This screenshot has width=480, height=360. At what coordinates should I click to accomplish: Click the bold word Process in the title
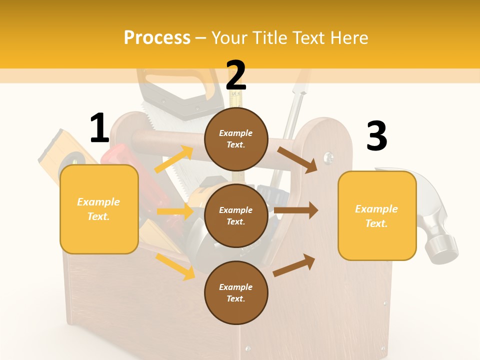coord(157,37)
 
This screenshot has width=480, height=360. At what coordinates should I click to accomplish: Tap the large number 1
coord(99,128)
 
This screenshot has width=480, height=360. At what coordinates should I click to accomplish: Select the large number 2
coord(236,75)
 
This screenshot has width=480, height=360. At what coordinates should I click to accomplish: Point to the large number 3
coord(376,136)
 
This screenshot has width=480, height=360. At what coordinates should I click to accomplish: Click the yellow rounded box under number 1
coord(99,209)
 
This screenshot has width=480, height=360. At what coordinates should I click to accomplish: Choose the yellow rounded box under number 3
coord(377,215)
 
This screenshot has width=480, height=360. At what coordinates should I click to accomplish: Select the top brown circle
coord(236,139)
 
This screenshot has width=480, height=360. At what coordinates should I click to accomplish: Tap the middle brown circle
coord(236,215)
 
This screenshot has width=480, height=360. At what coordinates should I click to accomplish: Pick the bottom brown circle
coord(236,292)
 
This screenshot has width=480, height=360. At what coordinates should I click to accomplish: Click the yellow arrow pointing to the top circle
coord(174,159)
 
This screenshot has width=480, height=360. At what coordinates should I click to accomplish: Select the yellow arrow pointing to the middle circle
coord(174,211)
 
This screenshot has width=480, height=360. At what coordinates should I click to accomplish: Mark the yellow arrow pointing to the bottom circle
coord(175,266)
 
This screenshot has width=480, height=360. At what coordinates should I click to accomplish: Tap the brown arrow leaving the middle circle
coord(295,210)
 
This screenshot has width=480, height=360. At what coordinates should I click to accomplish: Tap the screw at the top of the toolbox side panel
coord(328,158)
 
